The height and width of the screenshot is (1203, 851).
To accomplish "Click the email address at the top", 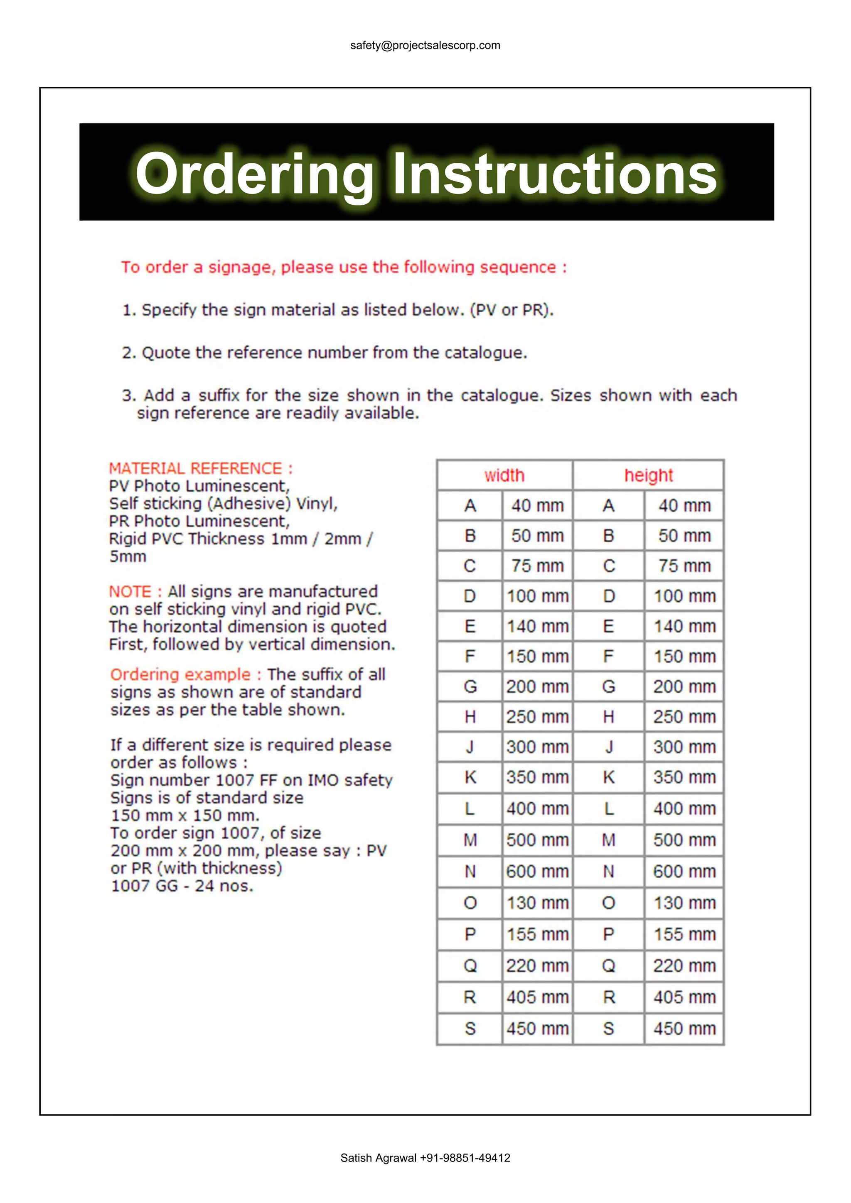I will coord(425,46).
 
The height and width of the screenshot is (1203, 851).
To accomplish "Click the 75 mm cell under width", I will coord(537,566).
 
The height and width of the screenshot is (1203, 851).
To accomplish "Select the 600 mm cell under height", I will coord(684,871).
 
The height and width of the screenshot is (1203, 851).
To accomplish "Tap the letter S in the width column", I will coord(470,1029).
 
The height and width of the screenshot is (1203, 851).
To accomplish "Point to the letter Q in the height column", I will coord(608,965).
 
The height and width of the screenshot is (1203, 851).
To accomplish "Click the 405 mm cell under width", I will coord(537,997).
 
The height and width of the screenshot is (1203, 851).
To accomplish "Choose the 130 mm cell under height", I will coord(684,903).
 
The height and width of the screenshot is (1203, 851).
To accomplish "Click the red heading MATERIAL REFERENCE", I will coord(200,468).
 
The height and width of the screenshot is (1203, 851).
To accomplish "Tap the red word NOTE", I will coord(130,592).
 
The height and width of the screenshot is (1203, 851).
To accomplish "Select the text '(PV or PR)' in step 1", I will coord(511,310).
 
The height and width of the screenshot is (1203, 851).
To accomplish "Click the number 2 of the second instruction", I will coord(128,353).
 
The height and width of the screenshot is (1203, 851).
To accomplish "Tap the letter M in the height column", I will coord(608,840).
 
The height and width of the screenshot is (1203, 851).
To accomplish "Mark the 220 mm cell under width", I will coord(537,965).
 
